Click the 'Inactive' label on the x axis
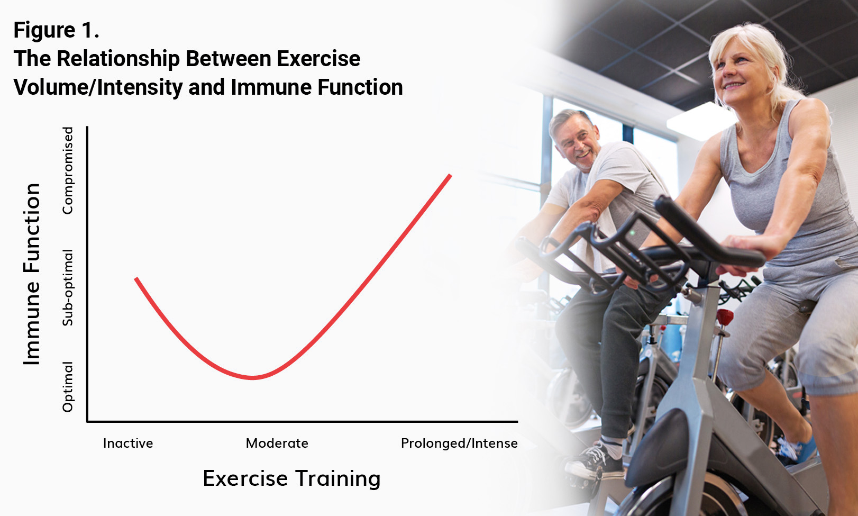coord(128,443)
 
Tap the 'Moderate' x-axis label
coord(277,443)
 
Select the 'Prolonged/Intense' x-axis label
coord(459,443)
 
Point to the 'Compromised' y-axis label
coord(68,170)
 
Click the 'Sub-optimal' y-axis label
coord(68,288)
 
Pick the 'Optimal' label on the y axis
coord(68,387)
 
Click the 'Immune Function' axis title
coord(31,274)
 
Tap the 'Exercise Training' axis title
coord(291,478)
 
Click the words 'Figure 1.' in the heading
coord(56,30)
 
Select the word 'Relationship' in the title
coord(118,59)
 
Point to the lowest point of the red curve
coord(253,378)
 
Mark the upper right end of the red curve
coord(451,176)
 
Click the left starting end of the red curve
coord(136,279)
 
